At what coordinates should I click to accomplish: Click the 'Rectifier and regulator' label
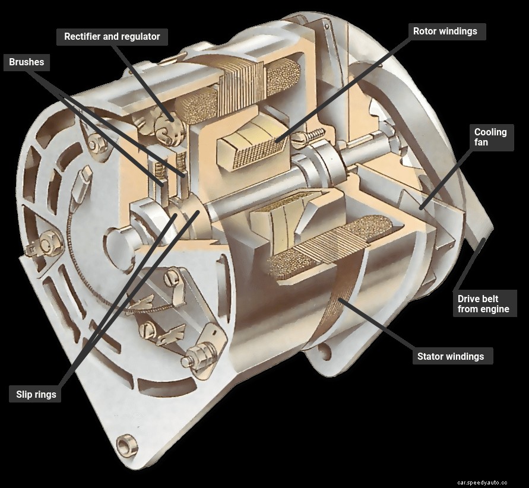click(x=112, y=37)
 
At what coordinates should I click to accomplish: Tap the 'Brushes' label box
click(x=26, y=62)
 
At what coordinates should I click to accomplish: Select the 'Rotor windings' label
click(x=445, y=31)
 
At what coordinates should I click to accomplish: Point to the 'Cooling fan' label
click(x=490, y=137)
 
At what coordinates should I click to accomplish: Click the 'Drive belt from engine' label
click(x=483, y=303)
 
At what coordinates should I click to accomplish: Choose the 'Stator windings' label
click(x=450, y=356)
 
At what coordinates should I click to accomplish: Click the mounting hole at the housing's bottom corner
click(x=125, y=443)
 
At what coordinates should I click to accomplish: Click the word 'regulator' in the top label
click(x=140, y=37)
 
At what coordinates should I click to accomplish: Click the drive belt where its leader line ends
click(x=486, y=239)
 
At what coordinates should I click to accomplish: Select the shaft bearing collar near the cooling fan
click(x=324, y=160)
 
